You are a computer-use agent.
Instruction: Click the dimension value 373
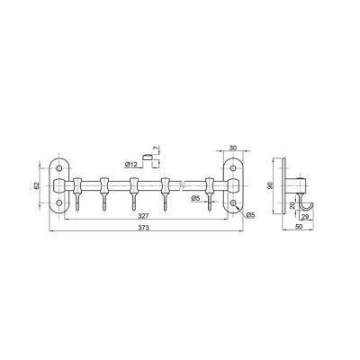click(144, 228)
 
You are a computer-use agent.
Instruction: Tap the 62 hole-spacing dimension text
click(37, 186)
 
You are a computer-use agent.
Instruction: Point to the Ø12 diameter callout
click(130, 165)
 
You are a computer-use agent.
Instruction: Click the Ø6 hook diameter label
click(195, 198)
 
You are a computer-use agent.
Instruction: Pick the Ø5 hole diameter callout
click(249, 214)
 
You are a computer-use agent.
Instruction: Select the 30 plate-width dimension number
click(233, 148)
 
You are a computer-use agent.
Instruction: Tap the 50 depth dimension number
click(299, 227)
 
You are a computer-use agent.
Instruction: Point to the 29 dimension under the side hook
click(305, 218)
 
